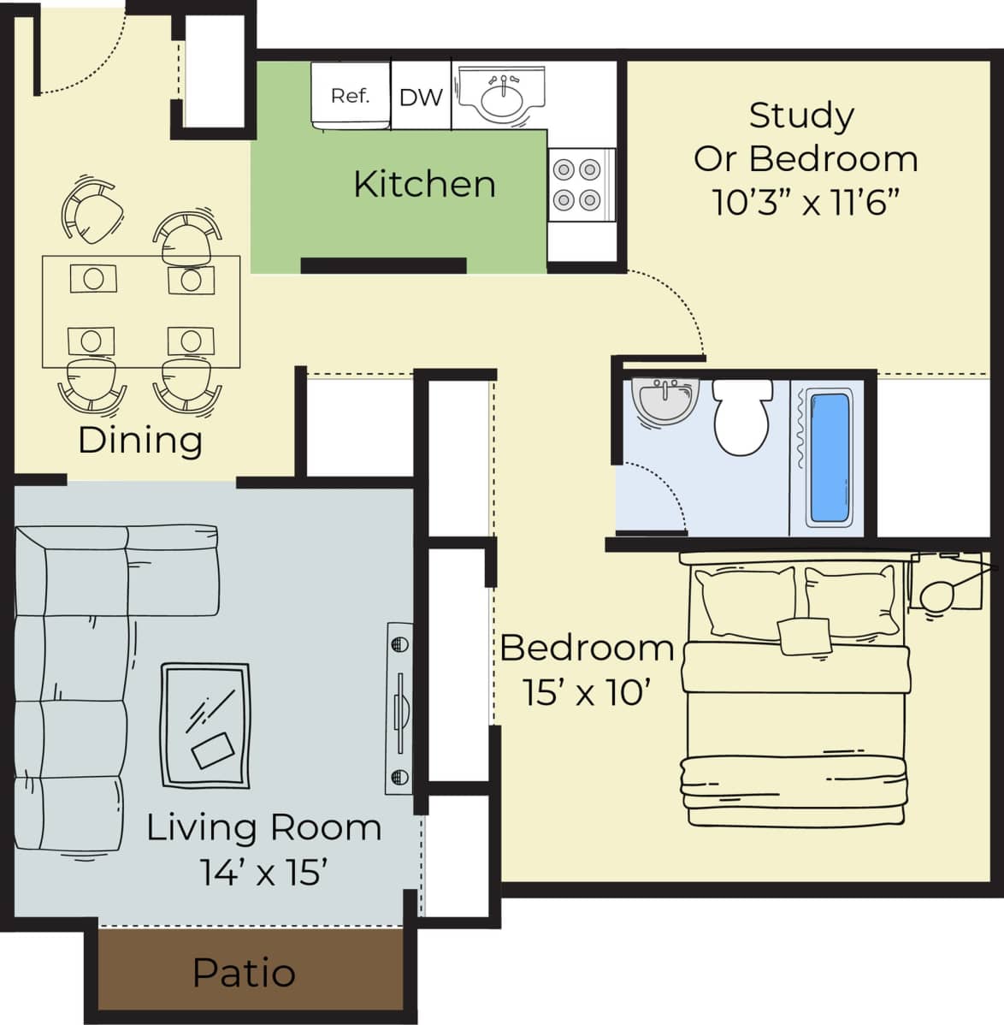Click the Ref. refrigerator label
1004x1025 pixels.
point(350,96)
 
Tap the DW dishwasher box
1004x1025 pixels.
point(421,97)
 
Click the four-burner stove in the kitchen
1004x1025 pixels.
point(576,185)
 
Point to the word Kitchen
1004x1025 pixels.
point(424,184)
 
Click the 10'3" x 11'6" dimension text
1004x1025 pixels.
point(806,203)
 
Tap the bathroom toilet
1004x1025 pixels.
point(741,418)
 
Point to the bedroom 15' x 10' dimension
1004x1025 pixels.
point(583,693)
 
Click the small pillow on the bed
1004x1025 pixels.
point(804,636)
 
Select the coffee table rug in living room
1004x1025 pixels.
point(205,726)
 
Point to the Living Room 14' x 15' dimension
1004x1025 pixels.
point(264,873)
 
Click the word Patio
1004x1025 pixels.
point(244,973)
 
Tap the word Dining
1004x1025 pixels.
point(140,440)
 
